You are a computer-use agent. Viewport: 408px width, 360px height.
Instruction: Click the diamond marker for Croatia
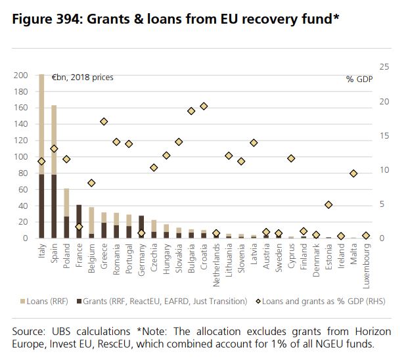[204, 106]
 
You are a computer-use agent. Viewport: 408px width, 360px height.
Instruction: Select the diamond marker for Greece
[104, 122]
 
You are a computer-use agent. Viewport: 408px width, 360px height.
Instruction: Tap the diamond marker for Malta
[353, 173]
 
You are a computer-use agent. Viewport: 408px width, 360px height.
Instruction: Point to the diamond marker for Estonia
[329, 205]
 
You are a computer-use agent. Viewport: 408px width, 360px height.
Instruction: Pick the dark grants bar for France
[79, 221]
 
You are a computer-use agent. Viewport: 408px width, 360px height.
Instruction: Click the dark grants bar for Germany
[141, 227]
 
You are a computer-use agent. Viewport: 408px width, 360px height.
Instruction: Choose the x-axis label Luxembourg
[366, 264]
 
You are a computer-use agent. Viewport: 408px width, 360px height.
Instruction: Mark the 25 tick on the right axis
[385, 67]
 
